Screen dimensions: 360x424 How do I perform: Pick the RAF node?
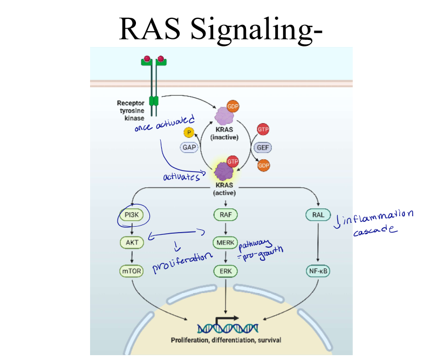pyautogui.click(x=225, y=215)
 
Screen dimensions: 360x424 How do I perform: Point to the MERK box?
pyautogui.click(x=225, y=242)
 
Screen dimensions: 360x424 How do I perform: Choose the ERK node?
pyautogui.click(x=225, y=271)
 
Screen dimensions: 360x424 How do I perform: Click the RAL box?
pyautogui.click(x=318, y=215)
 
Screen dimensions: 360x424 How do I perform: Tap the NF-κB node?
pyautogui.click(x=318, y=271)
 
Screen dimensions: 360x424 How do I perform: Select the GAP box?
pyautogui.click(x=189, y=147)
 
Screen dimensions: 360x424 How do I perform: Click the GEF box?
pyautogui.click(x=264, y=147)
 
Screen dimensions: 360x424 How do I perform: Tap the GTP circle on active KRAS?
pyautogui.click(x=232, y=161)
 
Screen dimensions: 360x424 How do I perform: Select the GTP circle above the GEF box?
pyautogui.click(x=264, y=130)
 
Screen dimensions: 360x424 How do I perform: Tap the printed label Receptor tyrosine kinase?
pyautogui.click(x=131, y=110)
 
